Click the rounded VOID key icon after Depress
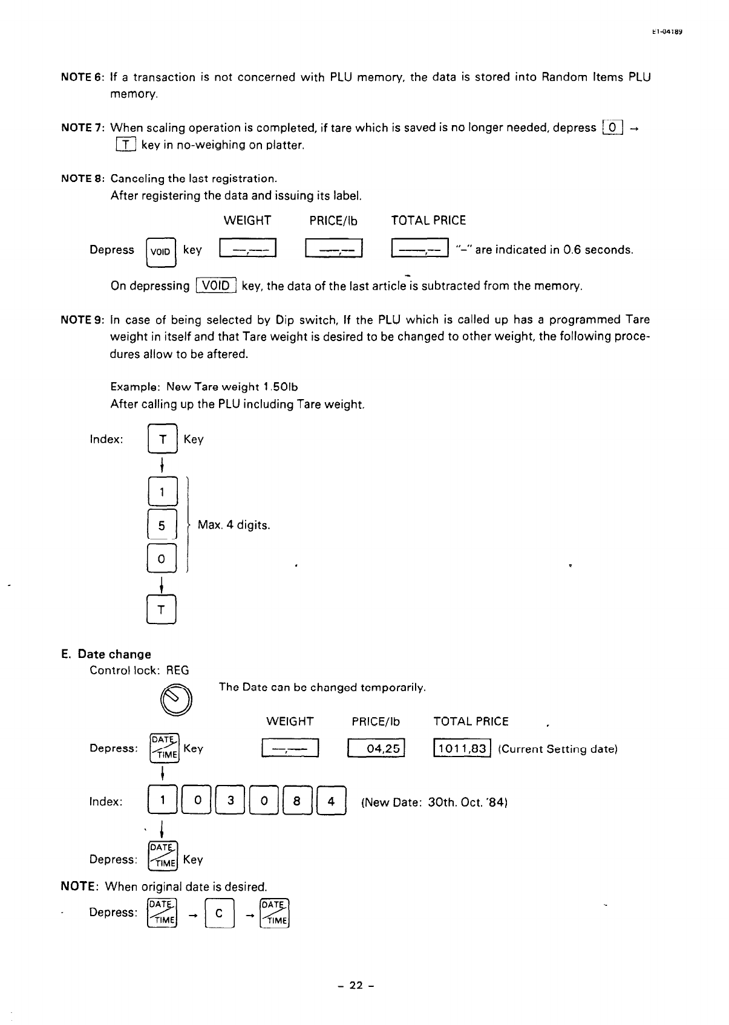(161, 251)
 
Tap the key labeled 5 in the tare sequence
(162, 526)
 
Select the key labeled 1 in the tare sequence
(162, 492)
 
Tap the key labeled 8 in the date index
(296, 802)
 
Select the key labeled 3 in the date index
(230, 802)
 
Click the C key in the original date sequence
(219, 913)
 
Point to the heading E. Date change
(106, 654)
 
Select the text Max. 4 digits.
(234, 525)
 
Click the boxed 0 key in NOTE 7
(612, 128)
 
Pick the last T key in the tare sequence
(162, 610)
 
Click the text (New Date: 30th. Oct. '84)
(433, 802)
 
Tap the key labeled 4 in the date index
(330, 802)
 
